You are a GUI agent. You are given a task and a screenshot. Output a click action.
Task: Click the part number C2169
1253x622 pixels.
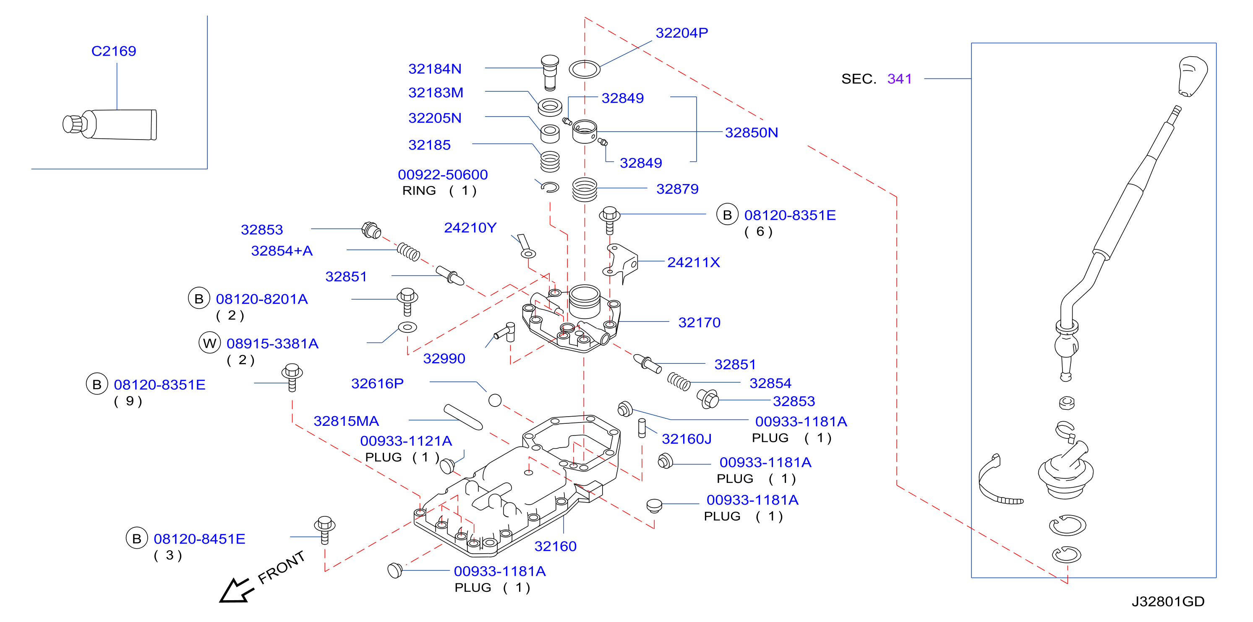point(114,51)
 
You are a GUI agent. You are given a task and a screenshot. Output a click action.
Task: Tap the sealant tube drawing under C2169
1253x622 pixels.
point(110,124)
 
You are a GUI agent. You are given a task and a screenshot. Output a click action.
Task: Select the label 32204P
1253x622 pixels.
point(681,33)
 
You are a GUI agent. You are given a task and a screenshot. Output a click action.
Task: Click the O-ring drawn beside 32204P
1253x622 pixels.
point(584,69)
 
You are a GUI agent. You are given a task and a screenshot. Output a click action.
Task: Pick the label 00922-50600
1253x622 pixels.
point(443,174)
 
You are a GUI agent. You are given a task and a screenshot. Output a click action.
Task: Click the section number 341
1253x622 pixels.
point(899,79)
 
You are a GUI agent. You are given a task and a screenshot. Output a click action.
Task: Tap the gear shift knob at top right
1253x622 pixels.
point(1193,76)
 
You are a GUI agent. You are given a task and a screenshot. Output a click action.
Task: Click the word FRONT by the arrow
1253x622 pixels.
point(281,567)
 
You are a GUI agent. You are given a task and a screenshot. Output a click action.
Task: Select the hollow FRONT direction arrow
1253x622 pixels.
point(236,591)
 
